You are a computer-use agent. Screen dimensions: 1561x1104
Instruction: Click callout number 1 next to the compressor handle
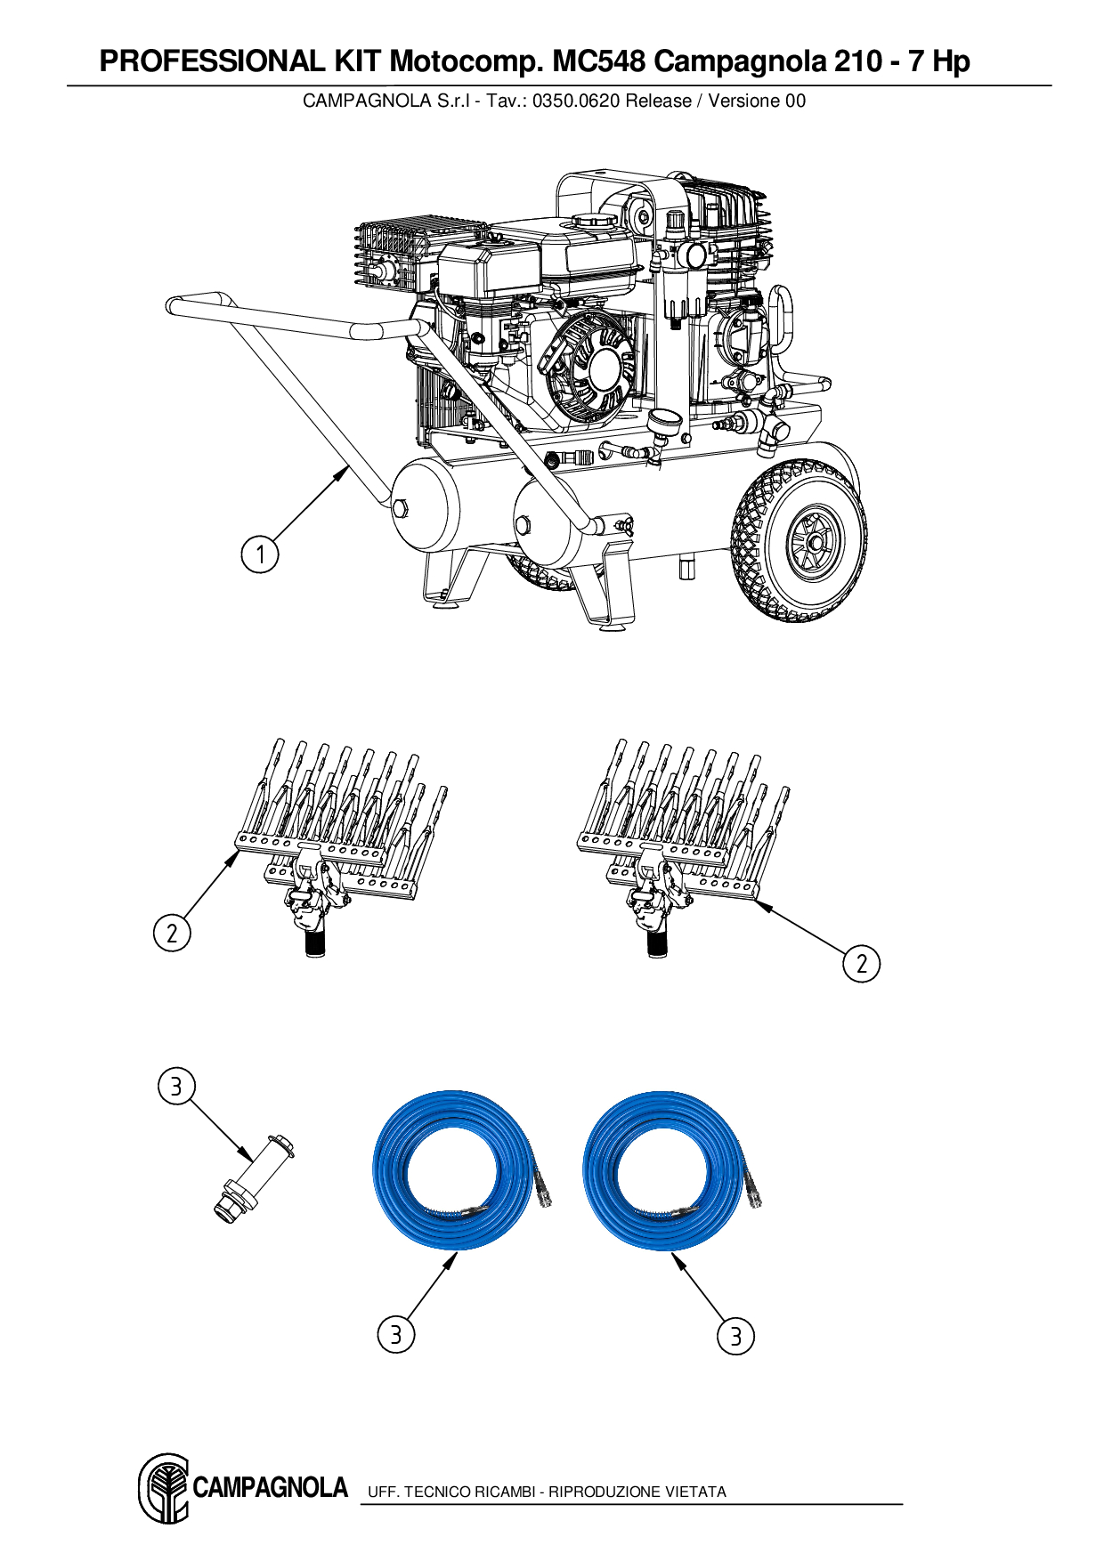[260, 554]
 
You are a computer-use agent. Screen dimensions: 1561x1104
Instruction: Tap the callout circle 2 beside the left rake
[172, 933]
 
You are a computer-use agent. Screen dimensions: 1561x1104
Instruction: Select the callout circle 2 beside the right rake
[861, 964]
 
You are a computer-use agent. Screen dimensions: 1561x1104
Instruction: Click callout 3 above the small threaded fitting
[176, 1086]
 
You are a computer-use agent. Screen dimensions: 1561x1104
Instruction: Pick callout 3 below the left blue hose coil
[396, 1334]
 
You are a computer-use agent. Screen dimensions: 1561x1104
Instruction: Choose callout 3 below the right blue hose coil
[735, 1336]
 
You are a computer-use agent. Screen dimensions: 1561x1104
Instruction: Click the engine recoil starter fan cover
[591, 368]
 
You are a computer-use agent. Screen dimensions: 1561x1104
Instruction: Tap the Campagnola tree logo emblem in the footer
[164, 1488]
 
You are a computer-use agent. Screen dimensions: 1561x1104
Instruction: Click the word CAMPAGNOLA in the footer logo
[270, 1488]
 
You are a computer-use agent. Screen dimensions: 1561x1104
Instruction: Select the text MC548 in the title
[599, 61]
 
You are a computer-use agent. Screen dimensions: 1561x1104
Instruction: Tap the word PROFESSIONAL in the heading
[213, 61]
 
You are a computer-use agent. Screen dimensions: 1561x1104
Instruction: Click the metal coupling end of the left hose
[542, 1191]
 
